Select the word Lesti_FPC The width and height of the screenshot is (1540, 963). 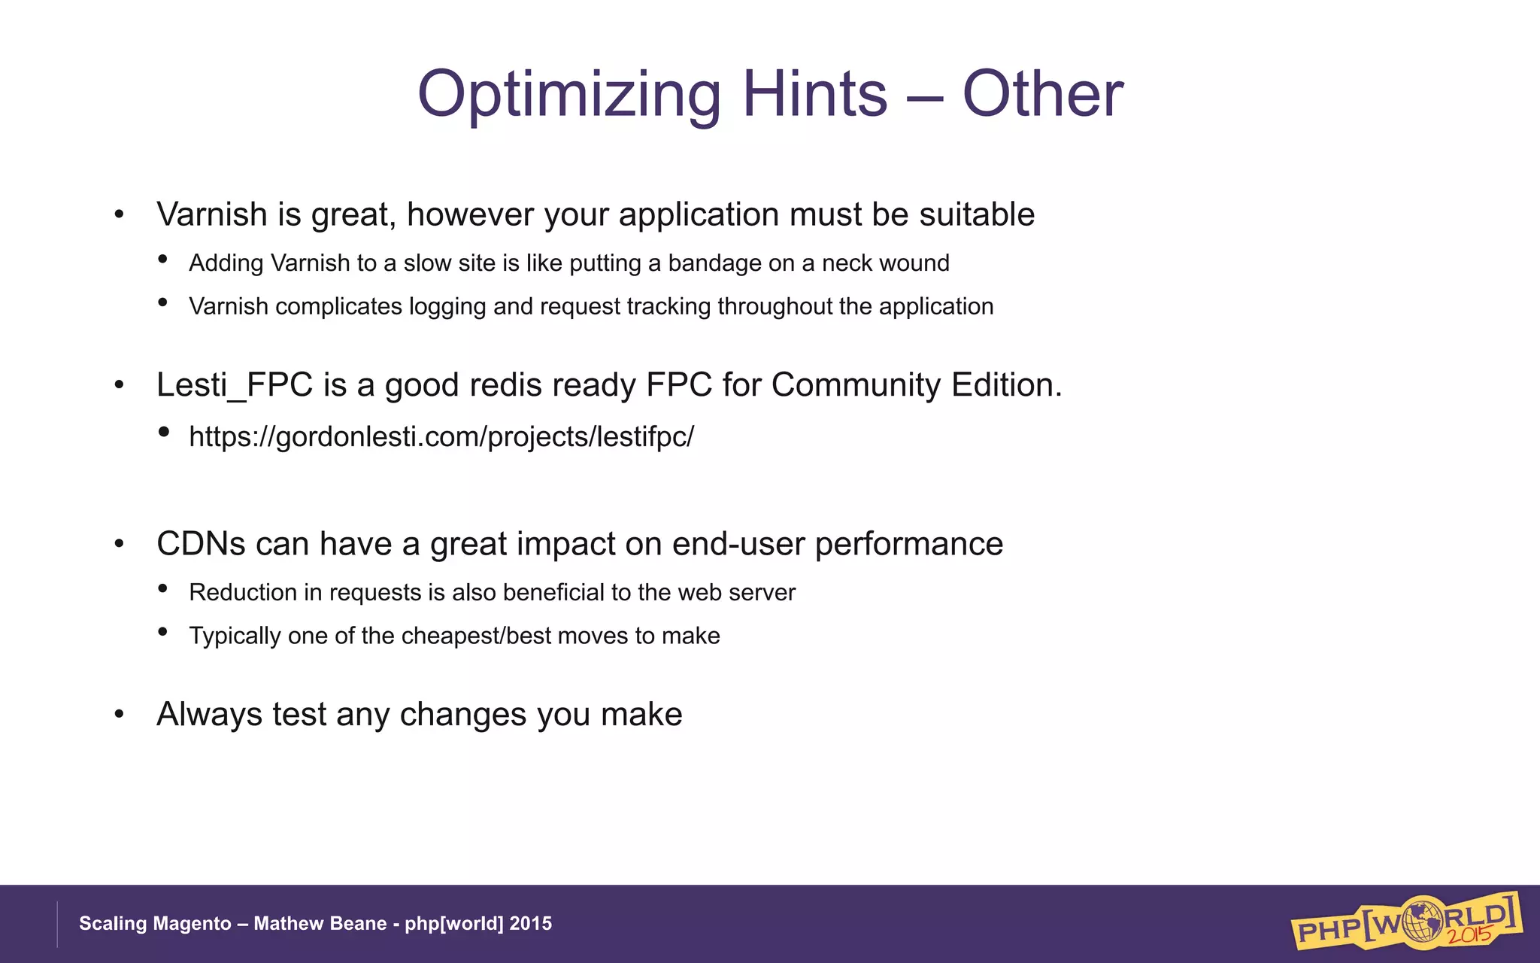point(235,385)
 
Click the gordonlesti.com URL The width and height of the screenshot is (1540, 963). point(441,437)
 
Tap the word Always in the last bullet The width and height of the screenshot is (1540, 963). point(209,715)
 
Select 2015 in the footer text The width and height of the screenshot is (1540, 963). point(531,924)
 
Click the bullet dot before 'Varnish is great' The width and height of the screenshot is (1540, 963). point(119,216)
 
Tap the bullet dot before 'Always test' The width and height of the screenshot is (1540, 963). point(119,715)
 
